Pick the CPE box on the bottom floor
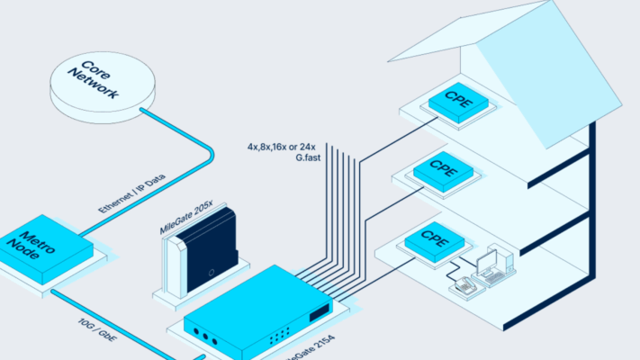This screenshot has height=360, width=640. point(433,241)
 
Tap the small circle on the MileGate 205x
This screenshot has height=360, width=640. point(208,273)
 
